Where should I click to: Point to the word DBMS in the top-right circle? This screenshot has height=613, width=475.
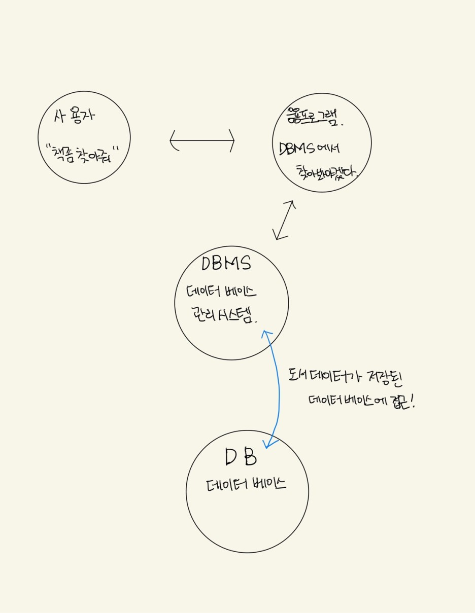(x=298, y=150)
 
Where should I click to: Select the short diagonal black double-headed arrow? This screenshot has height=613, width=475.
(x=284, y=220)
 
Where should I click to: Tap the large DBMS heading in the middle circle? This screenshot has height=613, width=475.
(x=226, y=264)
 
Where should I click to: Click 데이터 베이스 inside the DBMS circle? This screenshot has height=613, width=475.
(x=222, y=293)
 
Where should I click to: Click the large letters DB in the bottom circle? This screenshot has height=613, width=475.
(x=241, y=458)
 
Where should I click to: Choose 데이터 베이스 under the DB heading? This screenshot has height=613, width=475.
(x=246, y=485)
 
